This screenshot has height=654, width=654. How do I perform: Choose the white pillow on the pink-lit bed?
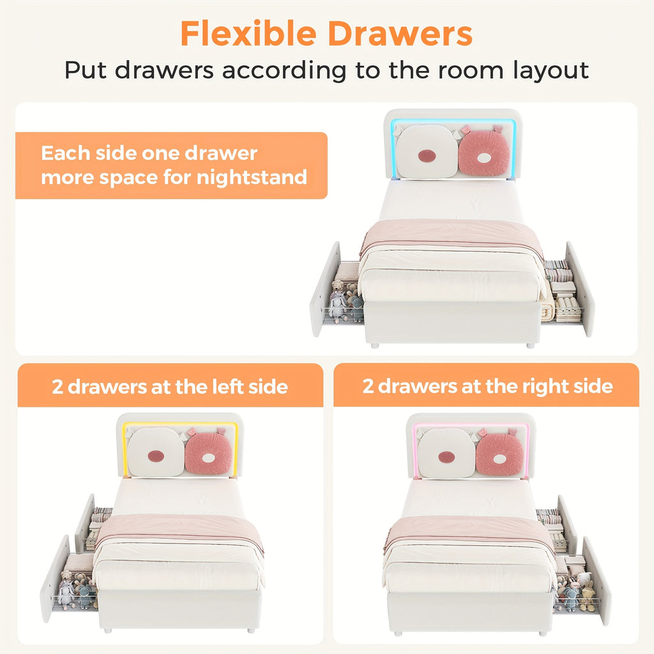click(446, 453)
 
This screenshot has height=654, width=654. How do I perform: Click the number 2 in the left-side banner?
click(57, 387)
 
